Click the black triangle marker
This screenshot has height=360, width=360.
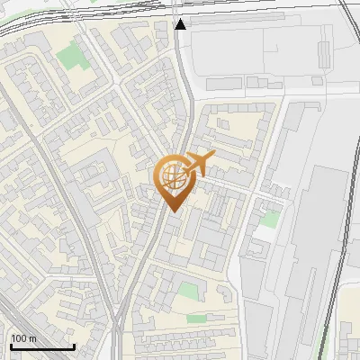coord(181,24)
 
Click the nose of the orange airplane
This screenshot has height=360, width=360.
coord(213,156)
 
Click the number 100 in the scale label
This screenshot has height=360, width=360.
coord(19,338)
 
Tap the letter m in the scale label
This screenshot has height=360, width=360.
coord(32,338)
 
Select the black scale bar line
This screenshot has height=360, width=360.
coord(41,347)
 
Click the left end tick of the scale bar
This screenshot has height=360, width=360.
coord(10,345)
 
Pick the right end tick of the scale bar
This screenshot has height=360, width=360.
coord(74,345)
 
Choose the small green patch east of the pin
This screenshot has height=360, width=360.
coord(268,219)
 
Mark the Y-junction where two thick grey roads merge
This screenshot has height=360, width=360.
coord(118,319)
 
